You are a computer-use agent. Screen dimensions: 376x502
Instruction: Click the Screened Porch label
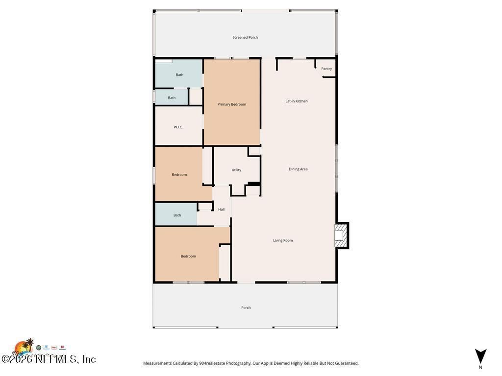point(245,37)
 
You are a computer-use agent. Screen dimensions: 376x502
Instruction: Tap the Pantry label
point(326,69)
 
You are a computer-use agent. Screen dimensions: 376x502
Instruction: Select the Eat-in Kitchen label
point(297,101)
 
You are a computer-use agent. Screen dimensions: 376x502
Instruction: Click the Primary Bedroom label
point(232,104)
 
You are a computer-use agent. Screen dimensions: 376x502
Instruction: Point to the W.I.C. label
point(178,127)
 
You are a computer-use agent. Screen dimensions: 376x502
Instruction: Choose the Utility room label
point(236,170)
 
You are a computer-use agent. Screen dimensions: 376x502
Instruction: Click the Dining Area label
point(298,169)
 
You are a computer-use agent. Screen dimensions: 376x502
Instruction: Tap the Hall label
point(221,210)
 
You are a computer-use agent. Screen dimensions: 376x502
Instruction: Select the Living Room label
point(283,240)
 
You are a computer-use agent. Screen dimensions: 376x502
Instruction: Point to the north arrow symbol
point(480,355)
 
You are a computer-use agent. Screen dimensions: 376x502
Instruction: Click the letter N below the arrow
point(480,367)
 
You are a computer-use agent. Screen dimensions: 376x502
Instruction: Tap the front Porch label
point(246,307)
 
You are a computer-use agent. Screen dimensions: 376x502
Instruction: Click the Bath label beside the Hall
point(177,215)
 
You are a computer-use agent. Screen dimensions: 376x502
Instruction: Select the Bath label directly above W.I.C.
point(172,98)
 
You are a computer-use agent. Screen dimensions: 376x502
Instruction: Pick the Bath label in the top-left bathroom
point(179,75)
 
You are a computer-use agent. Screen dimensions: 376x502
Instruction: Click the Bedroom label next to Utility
point(179,175)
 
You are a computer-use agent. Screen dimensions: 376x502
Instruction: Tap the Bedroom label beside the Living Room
point(188,256)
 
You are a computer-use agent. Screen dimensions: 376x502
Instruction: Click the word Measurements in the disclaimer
point(157,363)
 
